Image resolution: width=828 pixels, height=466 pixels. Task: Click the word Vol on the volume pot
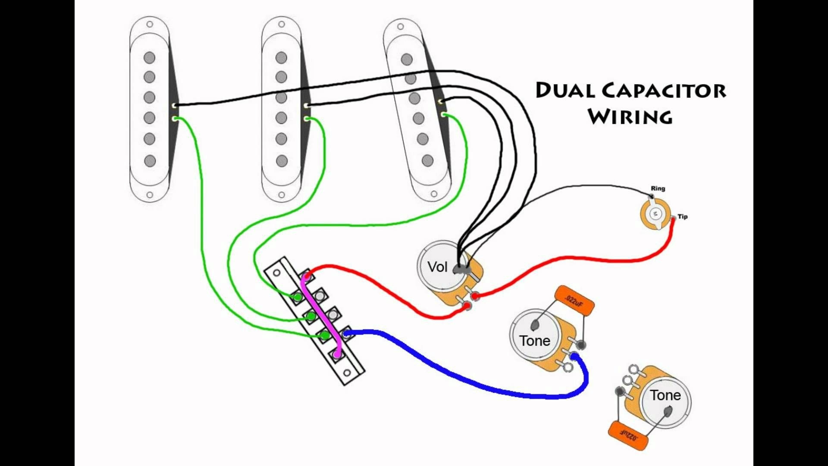pyautogui.click(x=437, y=267)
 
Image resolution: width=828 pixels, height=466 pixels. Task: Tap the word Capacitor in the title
pyautogui.click(x=664, y=91)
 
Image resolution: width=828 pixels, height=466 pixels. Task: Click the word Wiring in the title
pyautogui.click(x=630, y=117)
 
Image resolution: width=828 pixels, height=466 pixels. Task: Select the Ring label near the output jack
pyautogui.click(x=658, y=189)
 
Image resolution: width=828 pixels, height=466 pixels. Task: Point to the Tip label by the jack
pyautogui.click(x=682, y=217)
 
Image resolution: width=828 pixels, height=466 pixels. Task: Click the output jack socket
pyautogui.click(x=655, y=214)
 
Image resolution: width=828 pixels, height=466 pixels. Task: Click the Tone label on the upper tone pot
pyautogui.click(x=534, y=341)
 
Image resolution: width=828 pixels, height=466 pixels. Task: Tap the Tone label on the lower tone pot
pyautogui.click(x=665, y=395)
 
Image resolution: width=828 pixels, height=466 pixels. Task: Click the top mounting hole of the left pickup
pyautogui.click(x=150, y=24)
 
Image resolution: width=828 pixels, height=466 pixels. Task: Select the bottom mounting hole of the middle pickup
pyautogui.click(x=281, y=195)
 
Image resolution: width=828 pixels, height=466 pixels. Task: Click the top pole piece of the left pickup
pyautogui.click(x=149, y=57)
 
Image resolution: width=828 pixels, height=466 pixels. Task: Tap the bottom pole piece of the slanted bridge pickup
pyautogui.click(x=427, y=161)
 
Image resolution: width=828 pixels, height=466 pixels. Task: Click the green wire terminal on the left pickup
pyautogui.click(x=175, y=118)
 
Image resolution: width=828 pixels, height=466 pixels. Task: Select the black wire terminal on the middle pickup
pyautogui.click(x=306, y=105)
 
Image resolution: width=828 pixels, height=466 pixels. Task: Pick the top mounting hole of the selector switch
pyautogui.click(x=276, y=273)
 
